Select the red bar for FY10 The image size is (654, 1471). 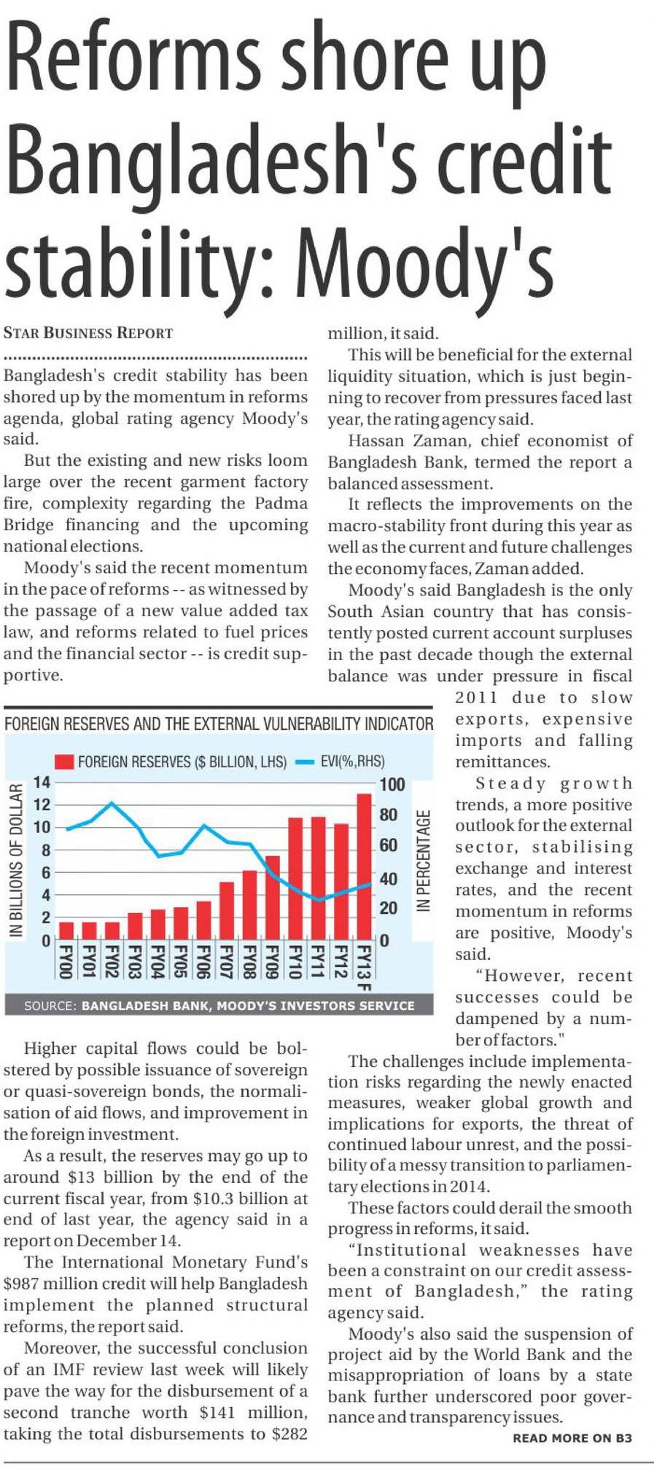295,878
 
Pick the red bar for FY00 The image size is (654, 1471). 66,931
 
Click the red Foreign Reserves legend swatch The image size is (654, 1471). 65,762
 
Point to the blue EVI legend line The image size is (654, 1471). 305,762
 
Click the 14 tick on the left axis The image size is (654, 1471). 42,783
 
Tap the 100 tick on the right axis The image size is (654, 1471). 392,785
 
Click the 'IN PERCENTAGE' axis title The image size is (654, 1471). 423,861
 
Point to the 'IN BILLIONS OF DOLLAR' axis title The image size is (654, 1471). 15,861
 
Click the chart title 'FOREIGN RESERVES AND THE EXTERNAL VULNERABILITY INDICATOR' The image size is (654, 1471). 219,723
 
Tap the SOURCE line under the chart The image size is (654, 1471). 219,1005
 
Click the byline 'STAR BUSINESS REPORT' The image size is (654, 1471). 88,333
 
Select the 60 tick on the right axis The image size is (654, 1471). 389,846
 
